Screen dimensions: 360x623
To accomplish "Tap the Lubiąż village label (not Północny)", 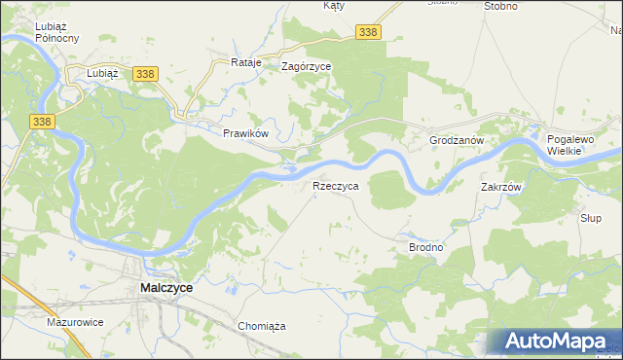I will coord(102,73).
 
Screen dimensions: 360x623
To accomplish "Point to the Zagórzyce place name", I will coord(306,67).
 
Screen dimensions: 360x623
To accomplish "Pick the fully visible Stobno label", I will coord(500,6).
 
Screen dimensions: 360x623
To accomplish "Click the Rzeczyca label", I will coord(336,185).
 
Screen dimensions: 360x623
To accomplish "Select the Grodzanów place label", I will coord(457,140).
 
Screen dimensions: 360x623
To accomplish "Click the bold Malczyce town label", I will coord(166,289).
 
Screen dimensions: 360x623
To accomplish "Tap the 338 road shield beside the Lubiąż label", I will coord(145,74).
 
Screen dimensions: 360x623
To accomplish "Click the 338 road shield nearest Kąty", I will coord(368,33).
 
